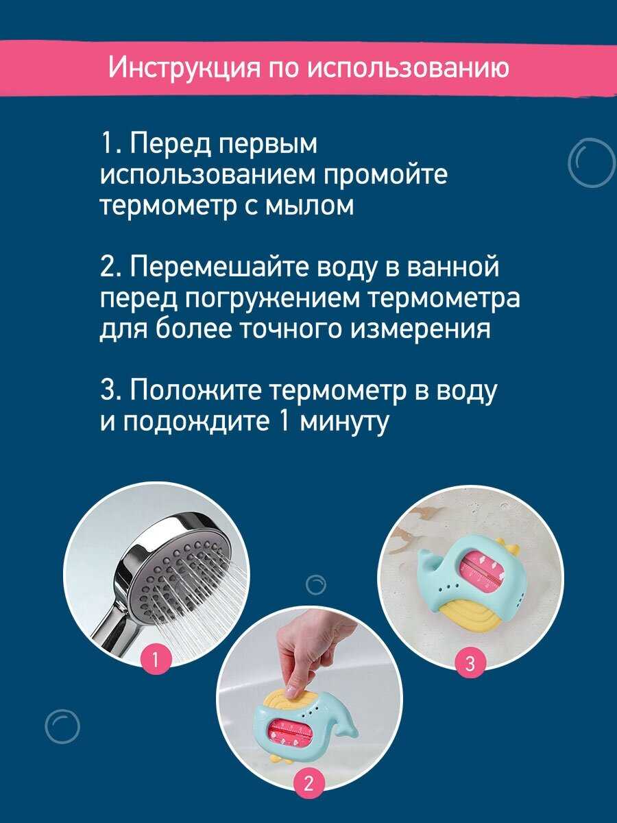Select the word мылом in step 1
point(309,206)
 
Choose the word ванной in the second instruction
point(453,267)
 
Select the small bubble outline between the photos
point(316,584)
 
